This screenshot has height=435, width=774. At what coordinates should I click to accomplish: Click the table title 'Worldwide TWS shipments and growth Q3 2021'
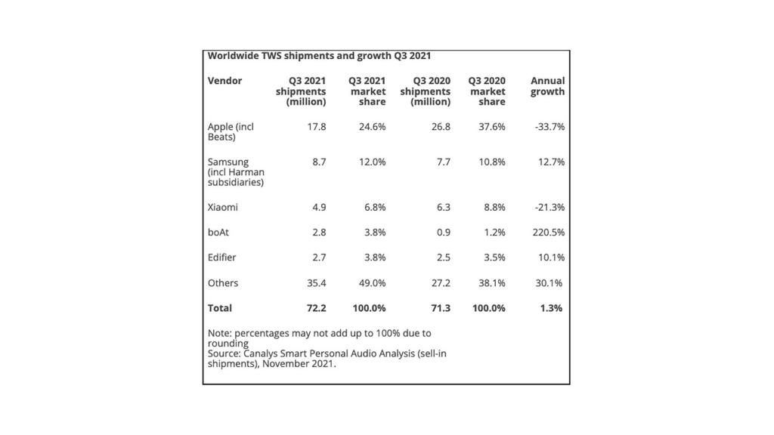click(319, 56)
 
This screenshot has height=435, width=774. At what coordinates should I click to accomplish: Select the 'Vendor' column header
click(224, 81)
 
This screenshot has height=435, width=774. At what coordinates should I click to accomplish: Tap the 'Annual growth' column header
click(547, 86)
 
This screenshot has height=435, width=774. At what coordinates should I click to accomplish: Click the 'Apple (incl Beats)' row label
click(231, 132)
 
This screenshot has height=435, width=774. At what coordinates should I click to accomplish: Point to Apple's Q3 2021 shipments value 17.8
click(317, 127)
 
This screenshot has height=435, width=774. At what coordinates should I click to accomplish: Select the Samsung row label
click(236, 172)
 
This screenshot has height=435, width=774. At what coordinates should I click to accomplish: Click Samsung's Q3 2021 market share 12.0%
click(372, 162)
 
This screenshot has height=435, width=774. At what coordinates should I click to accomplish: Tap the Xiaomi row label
click(224, 207)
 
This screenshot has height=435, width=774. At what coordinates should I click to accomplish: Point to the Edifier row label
click(222, 258)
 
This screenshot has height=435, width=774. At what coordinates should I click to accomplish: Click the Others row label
click(223, 283)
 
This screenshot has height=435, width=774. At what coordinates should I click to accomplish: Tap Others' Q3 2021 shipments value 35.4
click(314, 283)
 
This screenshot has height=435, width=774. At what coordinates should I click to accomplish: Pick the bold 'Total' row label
click(220, 308)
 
